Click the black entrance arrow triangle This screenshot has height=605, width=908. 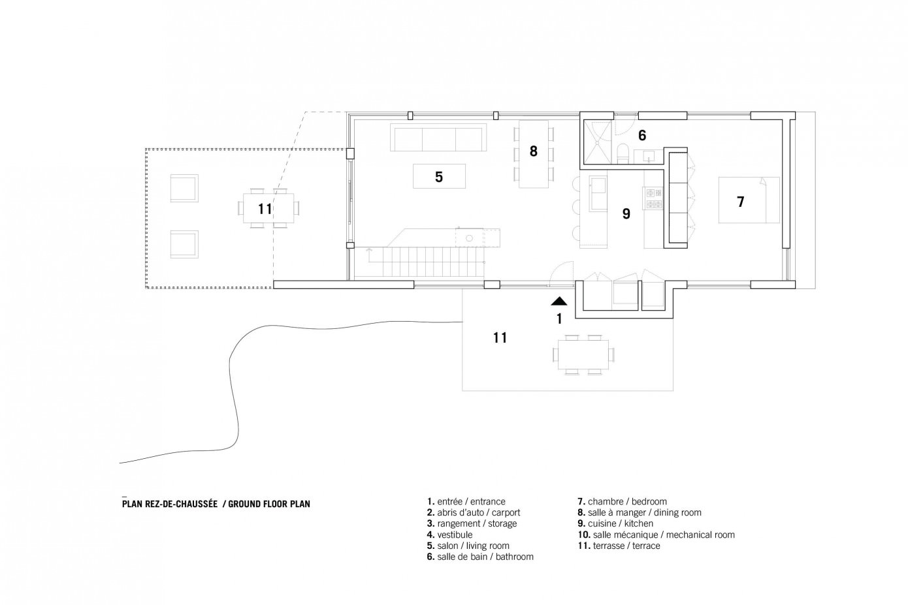559,302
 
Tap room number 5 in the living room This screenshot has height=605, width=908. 439,176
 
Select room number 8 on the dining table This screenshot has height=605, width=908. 534,151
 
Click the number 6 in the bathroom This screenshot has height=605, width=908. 642,135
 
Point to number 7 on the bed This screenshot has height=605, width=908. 741,202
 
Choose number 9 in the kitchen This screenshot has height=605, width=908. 626,213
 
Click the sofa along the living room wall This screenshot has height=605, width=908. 438,138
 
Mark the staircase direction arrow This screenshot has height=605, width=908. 370,252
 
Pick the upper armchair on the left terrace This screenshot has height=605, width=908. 184,188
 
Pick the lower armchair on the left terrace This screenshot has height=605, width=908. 184,244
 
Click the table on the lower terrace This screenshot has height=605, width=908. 583,354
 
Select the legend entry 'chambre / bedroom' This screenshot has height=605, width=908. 621,502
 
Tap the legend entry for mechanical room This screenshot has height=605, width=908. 656,535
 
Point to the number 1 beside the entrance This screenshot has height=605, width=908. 559,319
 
